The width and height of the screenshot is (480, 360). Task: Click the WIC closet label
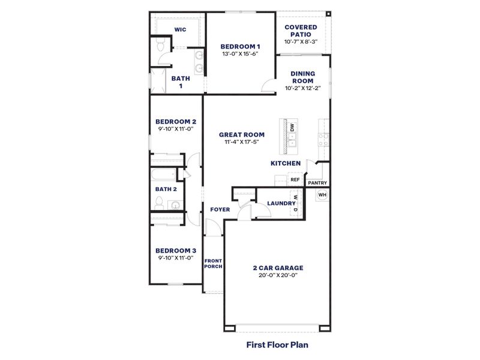tap(179, 29)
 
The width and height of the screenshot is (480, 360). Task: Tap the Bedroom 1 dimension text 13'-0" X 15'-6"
tap(240, 54)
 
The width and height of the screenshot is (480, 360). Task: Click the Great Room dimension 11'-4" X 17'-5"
tap(242, 142)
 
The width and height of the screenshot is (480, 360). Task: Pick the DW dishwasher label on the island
tap(292, 128)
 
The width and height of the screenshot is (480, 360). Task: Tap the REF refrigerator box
tap(295, 179)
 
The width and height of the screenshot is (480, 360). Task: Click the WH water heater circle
tap(322, 194)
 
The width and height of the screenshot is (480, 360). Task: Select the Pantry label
tap(317, 182)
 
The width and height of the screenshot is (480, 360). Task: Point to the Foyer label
tap(220, 209)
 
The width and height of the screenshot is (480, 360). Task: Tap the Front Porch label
tap(213, 263)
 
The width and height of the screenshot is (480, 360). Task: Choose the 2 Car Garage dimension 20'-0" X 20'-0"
tap(277, 275)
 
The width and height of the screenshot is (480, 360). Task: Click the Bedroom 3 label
tap(176, 250)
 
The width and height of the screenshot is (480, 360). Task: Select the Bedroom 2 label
tap(176, 121)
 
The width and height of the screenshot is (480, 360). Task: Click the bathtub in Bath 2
tap(163, 175)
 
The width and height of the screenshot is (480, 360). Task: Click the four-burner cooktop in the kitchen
tap(323, 140)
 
